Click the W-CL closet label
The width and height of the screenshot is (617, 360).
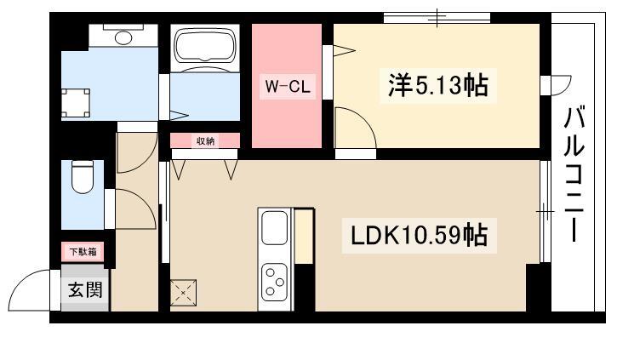tap(288, 86)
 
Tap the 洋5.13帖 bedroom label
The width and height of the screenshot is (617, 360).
tap(438, 85)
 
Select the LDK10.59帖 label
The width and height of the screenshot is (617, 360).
tap(419, 235)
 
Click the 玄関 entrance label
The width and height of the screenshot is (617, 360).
tap(85, 290)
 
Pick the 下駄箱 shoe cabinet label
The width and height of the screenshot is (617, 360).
tap(83, 251)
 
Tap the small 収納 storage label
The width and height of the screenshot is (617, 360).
tap(205, 141)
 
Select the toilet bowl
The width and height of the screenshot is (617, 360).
tap(83, 177)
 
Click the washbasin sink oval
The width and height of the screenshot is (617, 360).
tap(123, 37)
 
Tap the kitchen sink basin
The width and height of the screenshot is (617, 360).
tap(275, 228)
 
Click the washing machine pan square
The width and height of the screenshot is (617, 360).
tap(76, 103)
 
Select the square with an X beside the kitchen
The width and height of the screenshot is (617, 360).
tap(183, 293)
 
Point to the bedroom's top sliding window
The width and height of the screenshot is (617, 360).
tap(437, 18)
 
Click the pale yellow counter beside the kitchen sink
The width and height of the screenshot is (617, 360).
tap(304, 236)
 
